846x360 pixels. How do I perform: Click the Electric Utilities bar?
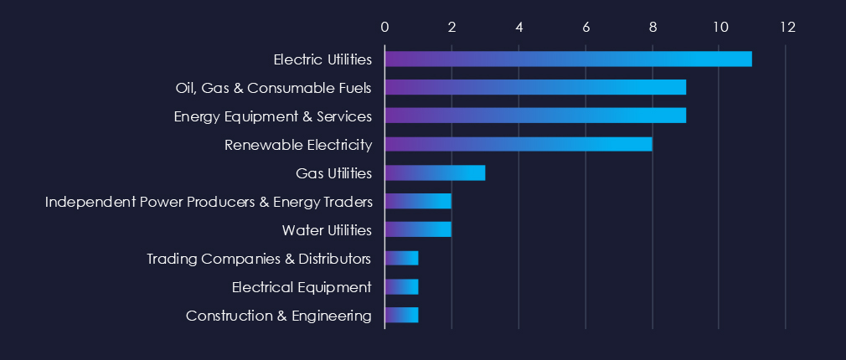pyautogui.click(x=568, y=59)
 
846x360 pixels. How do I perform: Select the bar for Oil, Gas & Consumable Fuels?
pyautogui.click(x=535, y=87)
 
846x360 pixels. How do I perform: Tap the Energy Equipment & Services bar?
pyautogui.click(x=535, y=116)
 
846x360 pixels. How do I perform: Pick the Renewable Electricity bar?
pyautogui.click(x=518, y=144)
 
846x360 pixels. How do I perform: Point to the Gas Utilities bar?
pyautogui.click(x=435, y=173)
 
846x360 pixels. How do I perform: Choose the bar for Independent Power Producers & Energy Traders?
pyautogui.click(x=418, y=201)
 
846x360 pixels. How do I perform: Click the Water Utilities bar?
pyautogui.click(x=418, y=229)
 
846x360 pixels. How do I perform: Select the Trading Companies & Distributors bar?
pyautogui.click(x=401, y=258)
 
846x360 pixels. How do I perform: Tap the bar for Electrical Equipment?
pyautogui.click(x=401, y=287)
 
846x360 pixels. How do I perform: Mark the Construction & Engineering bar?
pyautogui.click(x=401, y=316)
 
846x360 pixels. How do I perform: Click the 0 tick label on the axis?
pyautogui.click(x=384, y=27)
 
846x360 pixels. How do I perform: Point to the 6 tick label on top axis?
pyautogui.click(x=585, y=27)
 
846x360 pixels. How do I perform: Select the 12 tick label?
pyautogui.click(x=786, y=27)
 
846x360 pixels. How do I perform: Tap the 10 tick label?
pyautogui.click(x=720, y=27)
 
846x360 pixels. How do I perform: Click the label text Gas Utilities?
pyautogui.click(x=333, y=173)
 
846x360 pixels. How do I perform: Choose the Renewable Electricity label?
pyautogui.click(x=297, y=145)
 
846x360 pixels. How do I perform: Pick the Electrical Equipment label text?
pyautogui.click(x=302, y=287)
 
